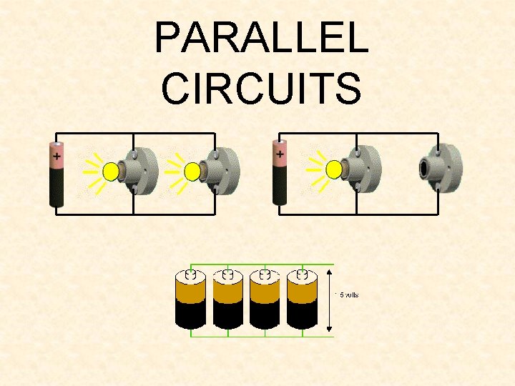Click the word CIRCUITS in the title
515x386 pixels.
pyautogui.click(x=261, y=87)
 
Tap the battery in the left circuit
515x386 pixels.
pyautogui.click(x=57, y=174)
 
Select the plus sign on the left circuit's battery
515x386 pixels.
pyautogui.click(x=57, y=153)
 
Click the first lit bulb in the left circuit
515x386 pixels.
pyautogui.click(x=111, y=172)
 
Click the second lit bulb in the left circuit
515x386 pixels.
pyautogui.click(x=192, y=172)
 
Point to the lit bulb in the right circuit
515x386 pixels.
pyautogui.click(x=333, y=169)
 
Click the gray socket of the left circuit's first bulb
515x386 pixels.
pyautogui.click(x=142, y=172)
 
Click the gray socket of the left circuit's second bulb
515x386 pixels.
pyautogui.click(x=222, y=172)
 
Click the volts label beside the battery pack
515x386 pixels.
pyautogui.click(x=348, y=295)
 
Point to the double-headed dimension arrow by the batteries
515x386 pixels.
pyautogui.click(x=329, y=300)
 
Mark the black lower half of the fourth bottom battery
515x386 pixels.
pyautogui.click(x=302, y=315)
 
